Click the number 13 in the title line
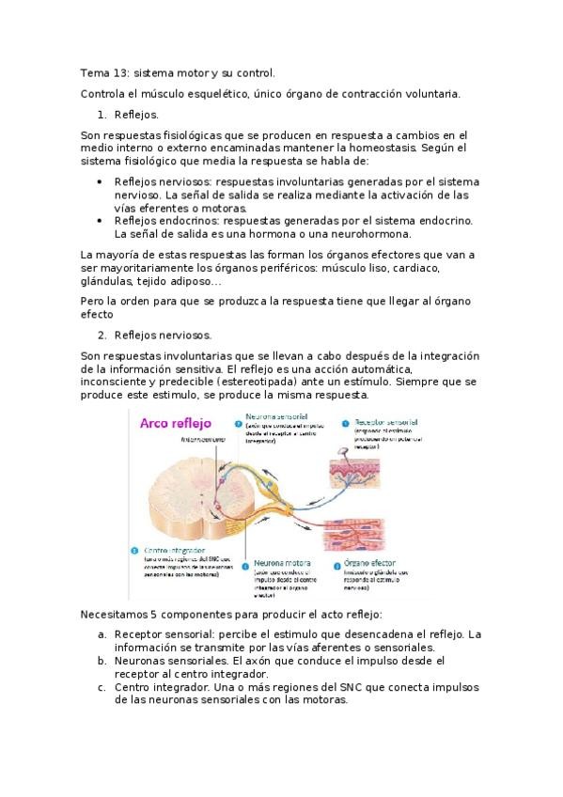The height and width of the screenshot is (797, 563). pyautogui.click(x=119, y=72)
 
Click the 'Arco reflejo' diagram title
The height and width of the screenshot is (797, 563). pyautogui.click(x=178, y=424)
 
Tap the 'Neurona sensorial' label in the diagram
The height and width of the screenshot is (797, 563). pyautogui.click(x=280, y=414)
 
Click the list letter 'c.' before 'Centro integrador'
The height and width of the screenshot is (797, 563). pyautogui.click(x=102, y=687)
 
